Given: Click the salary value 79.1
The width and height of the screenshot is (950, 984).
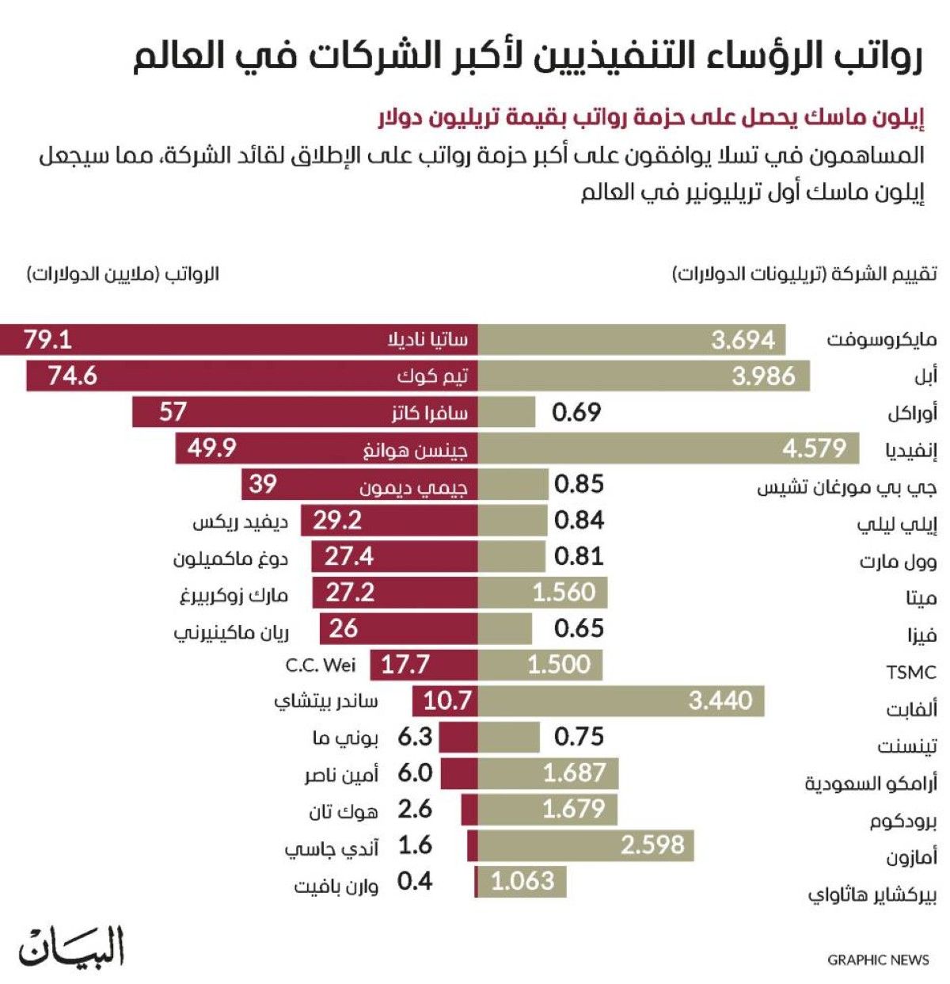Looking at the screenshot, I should pos(48,340).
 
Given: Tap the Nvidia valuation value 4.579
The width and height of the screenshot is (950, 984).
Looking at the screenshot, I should pos(814,448).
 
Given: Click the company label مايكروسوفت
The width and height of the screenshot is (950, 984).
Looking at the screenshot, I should pos(881,340).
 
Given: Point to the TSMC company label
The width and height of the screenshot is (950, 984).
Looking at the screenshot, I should pos(910,673).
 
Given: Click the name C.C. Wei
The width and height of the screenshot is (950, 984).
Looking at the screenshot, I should pos(321,665).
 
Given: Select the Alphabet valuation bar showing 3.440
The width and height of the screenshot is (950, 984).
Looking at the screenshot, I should pos(621,701).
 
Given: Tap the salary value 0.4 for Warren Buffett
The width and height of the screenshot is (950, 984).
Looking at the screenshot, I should pos(415,881).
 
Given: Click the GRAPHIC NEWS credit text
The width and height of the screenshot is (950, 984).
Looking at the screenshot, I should pos(878,960).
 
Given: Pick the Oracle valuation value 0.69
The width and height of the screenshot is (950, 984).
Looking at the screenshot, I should pos(576,412).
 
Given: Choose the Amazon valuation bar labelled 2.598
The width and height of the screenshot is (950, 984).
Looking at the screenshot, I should pos(586,845).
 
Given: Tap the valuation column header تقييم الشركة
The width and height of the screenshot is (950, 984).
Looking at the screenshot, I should pos(804,274).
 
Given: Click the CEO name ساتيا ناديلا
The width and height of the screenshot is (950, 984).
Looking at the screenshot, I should pos(427,340).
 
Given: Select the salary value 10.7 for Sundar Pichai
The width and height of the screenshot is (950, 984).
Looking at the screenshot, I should pos(446,701).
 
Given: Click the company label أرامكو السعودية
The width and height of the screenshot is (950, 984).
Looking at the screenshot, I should pos(871,784).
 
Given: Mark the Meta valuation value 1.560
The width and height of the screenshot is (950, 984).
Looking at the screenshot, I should pos(563,593).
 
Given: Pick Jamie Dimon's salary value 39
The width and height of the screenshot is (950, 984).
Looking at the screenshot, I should pos(263,484).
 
